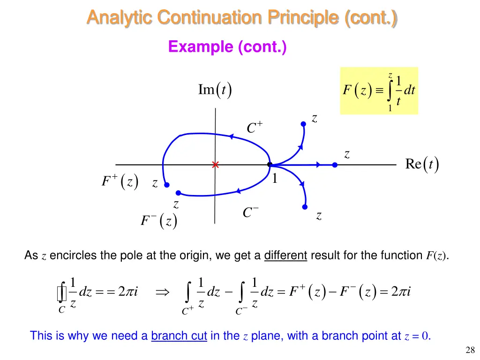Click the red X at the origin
pyautogui.click(x=215, y=165)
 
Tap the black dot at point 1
pyautogui.click(x=270, y=165)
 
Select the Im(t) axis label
pyautogui.click(x=215, y=90)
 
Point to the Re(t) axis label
pyautogui.click(x=421, y=165)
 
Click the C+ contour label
pyautogui.click(x=255, y=127)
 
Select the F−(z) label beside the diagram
pyautogui.click(x=159, y=220)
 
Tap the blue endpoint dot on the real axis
pyautogui.click(x=335, y=165)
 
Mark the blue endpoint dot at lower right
pyautogui.click(x=305, y=207)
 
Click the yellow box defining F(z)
pyautogui.click(x=379, y=91)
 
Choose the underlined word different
pyautogui.click(x=285, y=255)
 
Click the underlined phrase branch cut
pyautogui.click(x=179, y=336)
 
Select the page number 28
pyautogui.click(x=470, y=349)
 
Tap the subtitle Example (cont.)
pyautogui.click(x=227, y=47)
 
